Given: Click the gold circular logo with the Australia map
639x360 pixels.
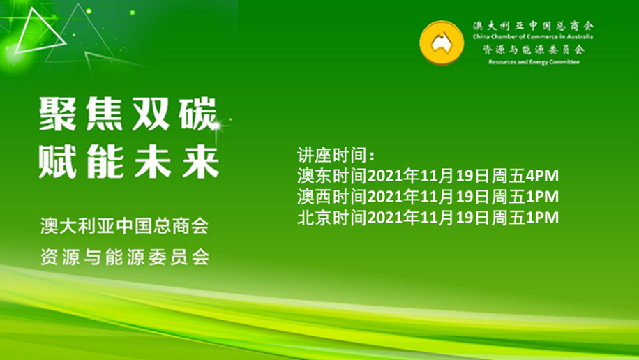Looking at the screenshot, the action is click(442, 43).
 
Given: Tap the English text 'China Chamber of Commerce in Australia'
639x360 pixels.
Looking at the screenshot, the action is click(533, 37).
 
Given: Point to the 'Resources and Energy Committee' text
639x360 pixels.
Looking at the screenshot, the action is click(534, 62).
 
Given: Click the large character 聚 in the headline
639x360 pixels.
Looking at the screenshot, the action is click(57, 114).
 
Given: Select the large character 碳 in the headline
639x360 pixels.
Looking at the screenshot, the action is click(198, 114).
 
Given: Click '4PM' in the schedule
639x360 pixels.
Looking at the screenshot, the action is click(541, 176).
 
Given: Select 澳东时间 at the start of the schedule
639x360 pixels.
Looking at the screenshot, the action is click(333, 176).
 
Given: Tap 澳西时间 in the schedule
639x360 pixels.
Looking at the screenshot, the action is click(333, 197).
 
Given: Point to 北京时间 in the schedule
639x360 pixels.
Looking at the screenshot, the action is click(333, 218).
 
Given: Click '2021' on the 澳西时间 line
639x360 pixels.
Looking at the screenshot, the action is click(385, 197).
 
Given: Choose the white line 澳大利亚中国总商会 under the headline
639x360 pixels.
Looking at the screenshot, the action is click(125, 226).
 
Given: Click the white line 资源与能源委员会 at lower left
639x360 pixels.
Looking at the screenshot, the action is click(125, 257).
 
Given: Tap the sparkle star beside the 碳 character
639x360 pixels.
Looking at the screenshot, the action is click(216, 126).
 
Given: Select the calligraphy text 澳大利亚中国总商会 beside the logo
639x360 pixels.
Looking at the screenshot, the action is click(533, 26).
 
